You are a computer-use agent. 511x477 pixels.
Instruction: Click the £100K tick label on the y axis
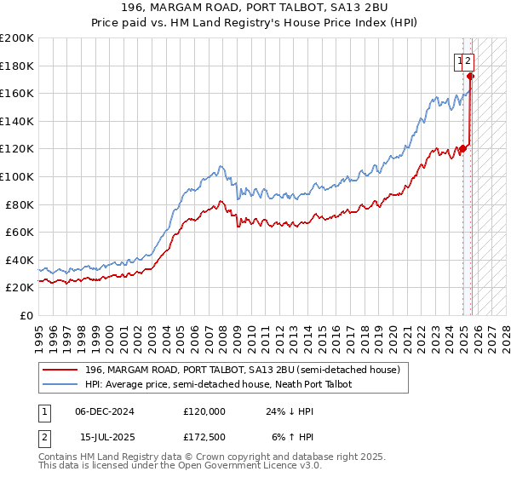click(x=17, y=176)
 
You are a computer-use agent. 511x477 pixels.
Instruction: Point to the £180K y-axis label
click(x=17, y=66)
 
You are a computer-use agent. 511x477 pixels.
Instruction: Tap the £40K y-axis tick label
click(x=20, y=260)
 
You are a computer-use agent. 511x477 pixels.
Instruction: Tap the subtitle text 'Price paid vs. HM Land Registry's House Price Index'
click(x=255, y=24)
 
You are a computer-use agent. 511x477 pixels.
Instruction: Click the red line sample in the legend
click(x=60, y=369)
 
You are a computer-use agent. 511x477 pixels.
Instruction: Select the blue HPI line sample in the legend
click(x=60, y=384)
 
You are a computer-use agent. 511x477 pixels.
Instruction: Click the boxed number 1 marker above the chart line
click(x=460, y=60)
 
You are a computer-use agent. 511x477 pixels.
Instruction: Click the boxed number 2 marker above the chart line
click(x=468, y=60)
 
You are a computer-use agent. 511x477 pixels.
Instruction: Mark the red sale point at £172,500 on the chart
click(x=471, y=77)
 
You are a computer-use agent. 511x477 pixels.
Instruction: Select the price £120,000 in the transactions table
click(x=204, y=411)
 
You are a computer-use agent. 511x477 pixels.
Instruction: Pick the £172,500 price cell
click(x=204, y=439)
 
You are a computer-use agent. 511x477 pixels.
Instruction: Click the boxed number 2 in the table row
click(x=42, y=439)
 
